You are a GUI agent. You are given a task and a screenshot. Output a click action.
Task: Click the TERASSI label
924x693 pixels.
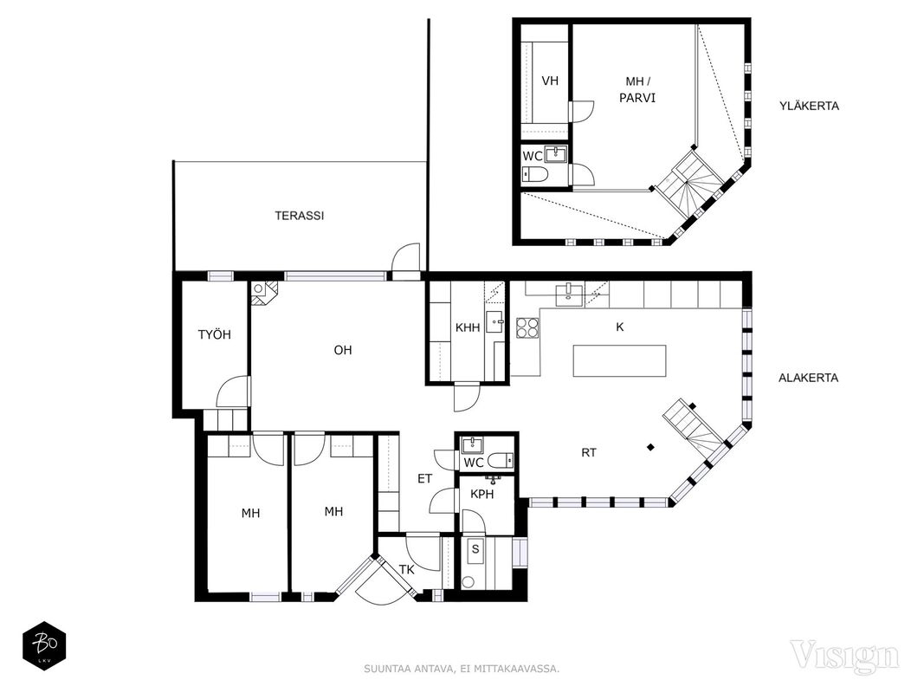300,216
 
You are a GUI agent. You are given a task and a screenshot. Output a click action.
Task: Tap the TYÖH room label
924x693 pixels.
215,334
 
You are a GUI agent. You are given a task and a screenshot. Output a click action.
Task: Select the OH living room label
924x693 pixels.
343,350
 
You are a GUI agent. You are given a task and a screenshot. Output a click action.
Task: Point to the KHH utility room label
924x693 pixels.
468,327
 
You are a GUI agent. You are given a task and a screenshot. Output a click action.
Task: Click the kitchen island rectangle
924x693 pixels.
620,360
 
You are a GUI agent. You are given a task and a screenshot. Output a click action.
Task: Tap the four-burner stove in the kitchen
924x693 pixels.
527,327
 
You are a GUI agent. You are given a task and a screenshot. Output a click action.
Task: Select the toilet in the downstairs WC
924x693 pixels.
502,460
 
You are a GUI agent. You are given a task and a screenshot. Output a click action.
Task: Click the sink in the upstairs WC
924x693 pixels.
556,154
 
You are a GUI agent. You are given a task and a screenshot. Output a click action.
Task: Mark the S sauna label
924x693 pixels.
475,550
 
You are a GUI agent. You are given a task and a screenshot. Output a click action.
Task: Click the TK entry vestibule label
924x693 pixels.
407,570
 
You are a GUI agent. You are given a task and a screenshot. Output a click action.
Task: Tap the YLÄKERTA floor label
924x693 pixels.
809,106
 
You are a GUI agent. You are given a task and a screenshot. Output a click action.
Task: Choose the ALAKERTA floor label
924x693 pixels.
809,378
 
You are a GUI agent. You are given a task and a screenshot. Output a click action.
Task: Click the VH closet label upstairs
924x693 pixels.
550,81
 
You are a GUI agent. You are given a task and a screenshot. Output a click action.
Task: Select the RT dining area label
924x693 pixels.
589,452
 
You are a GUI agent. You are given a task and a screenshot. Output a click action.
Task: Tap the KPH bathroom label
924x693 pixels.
482,495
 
